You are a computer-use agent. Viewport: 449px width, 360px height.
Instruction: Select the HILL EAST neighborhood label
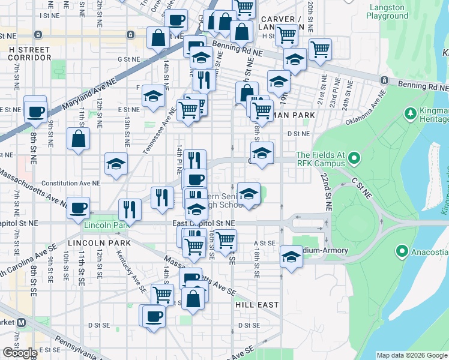[257, 305]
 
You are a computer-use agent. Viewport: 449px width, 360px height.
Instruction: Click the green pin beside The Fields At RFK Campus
[354, 159]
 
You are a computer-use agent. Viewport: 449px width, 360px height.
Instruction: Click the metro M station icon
[22, 322]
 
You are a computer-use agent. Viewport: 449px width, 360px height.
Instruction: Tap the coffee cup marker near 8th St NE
[35, 110]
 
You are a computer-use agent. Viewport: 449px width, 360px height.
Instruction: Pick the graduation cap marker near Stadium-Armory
[291, 257]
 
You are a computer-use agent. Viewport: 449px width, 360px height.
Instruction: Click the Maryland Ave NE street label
[88, 94]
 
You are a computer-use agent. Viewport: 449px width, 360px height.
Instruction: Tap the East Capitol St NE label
[203, 223]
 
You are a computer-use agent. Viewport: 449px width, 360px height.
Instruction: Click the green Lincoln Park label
[107, 226]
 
